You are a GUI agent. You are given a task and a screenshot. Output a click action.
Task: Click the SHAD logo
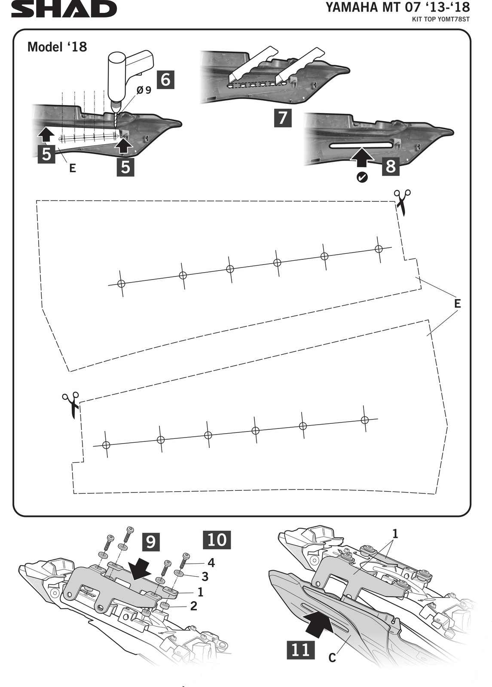[64, 9]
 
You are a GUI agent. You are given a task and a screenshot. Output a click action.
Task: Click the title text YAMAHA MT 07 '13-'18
[397, 8]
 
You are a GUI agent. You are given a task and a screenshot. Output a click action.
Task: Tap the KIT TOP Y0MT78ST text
[441, 19]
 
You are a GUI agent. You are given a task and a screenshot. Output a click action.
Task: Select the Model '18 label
[57, 47]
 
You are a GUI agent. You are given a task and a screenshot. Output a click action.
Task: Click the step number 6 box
[165, 79]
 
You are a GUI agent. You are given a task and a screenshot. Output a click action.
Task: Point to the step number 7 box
[283, 118]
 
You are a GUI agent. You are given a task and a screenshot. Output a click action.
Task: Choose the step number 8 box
[391, 166]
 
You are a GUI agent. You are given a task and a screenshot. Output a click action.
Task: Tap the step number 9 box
[150, 542]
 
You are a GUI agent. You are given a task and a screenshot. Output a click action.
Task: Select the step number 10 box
[217, 540]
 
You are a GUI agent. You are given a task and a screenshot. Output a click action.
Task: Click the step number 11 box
[300, 650]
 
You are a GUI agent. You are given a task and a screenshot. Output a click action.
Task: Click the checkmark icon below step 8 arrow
[362, 177]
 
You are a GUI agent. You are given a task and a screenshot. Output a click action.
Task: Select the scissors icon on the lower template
[71, 404]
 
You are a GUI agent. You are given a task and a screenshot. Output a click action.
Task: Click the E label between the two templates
[457, 304]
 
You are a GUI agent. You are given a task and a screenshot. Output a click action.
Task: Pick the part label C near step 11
[332, 657]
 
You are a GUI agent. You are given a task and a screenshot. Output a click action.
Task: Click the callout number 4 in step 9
[211, 562]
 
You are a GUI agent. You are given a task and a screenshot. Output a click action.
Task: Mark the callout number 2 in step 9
[193, 606]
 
